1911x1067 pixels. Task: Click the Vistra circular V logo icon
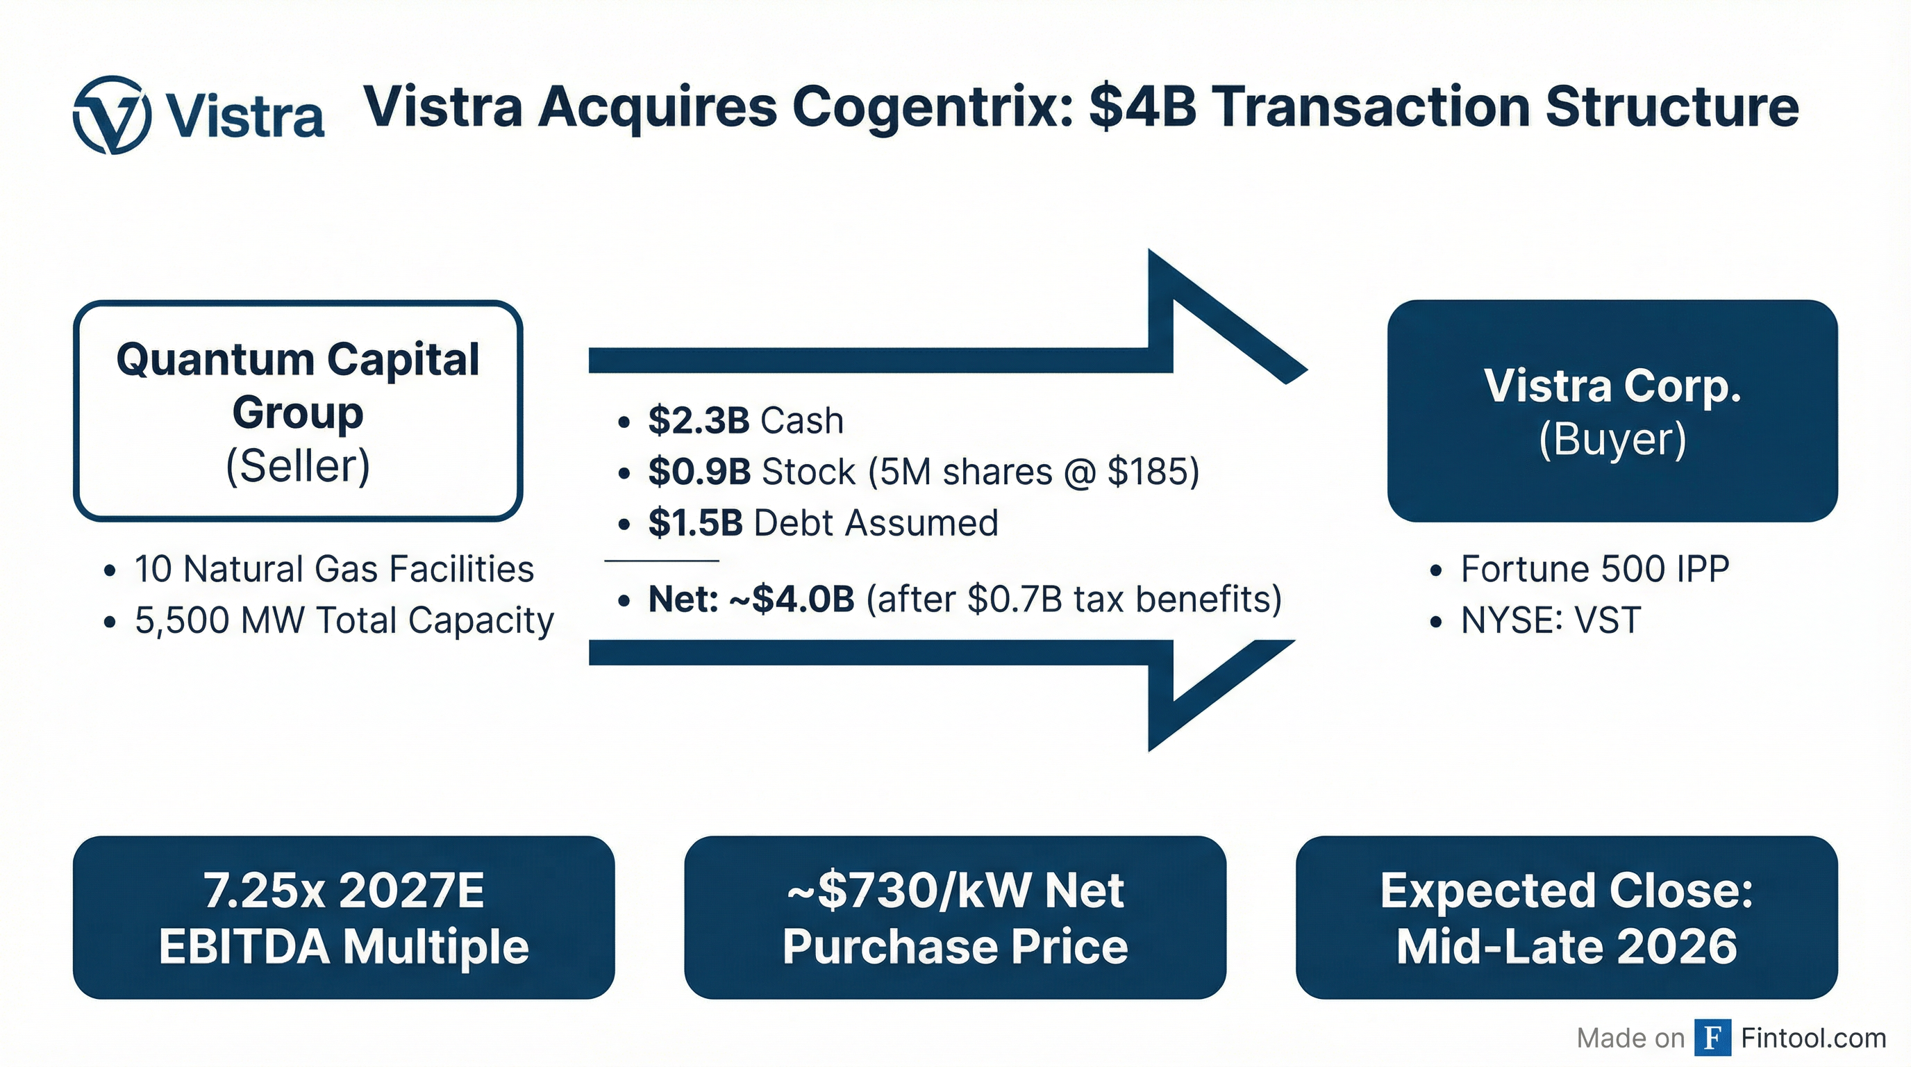coord(112,115)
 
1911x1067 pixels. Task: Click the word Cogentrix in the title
coord(933,108)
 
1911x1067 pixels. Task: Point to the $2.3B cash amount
coord(698,420)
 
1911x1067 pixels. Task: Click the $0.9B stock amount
coord(699,471)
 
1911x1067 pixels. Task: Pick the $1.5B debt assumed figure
coord(695,522)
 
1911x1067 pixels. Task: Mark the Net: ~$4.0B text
coord(751,599)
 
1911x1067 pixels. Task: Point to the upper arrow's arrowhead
coord(1228,317)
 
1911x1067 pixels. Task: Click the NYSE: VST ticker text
coord(1551,620)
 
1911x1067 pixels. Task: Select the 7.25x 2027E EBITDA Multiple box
coord(344,917)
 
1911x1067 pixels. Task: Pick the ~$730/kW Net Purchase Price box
coord(955,917)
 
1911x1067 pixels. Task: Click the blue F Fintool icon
coord(1713,1037)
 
